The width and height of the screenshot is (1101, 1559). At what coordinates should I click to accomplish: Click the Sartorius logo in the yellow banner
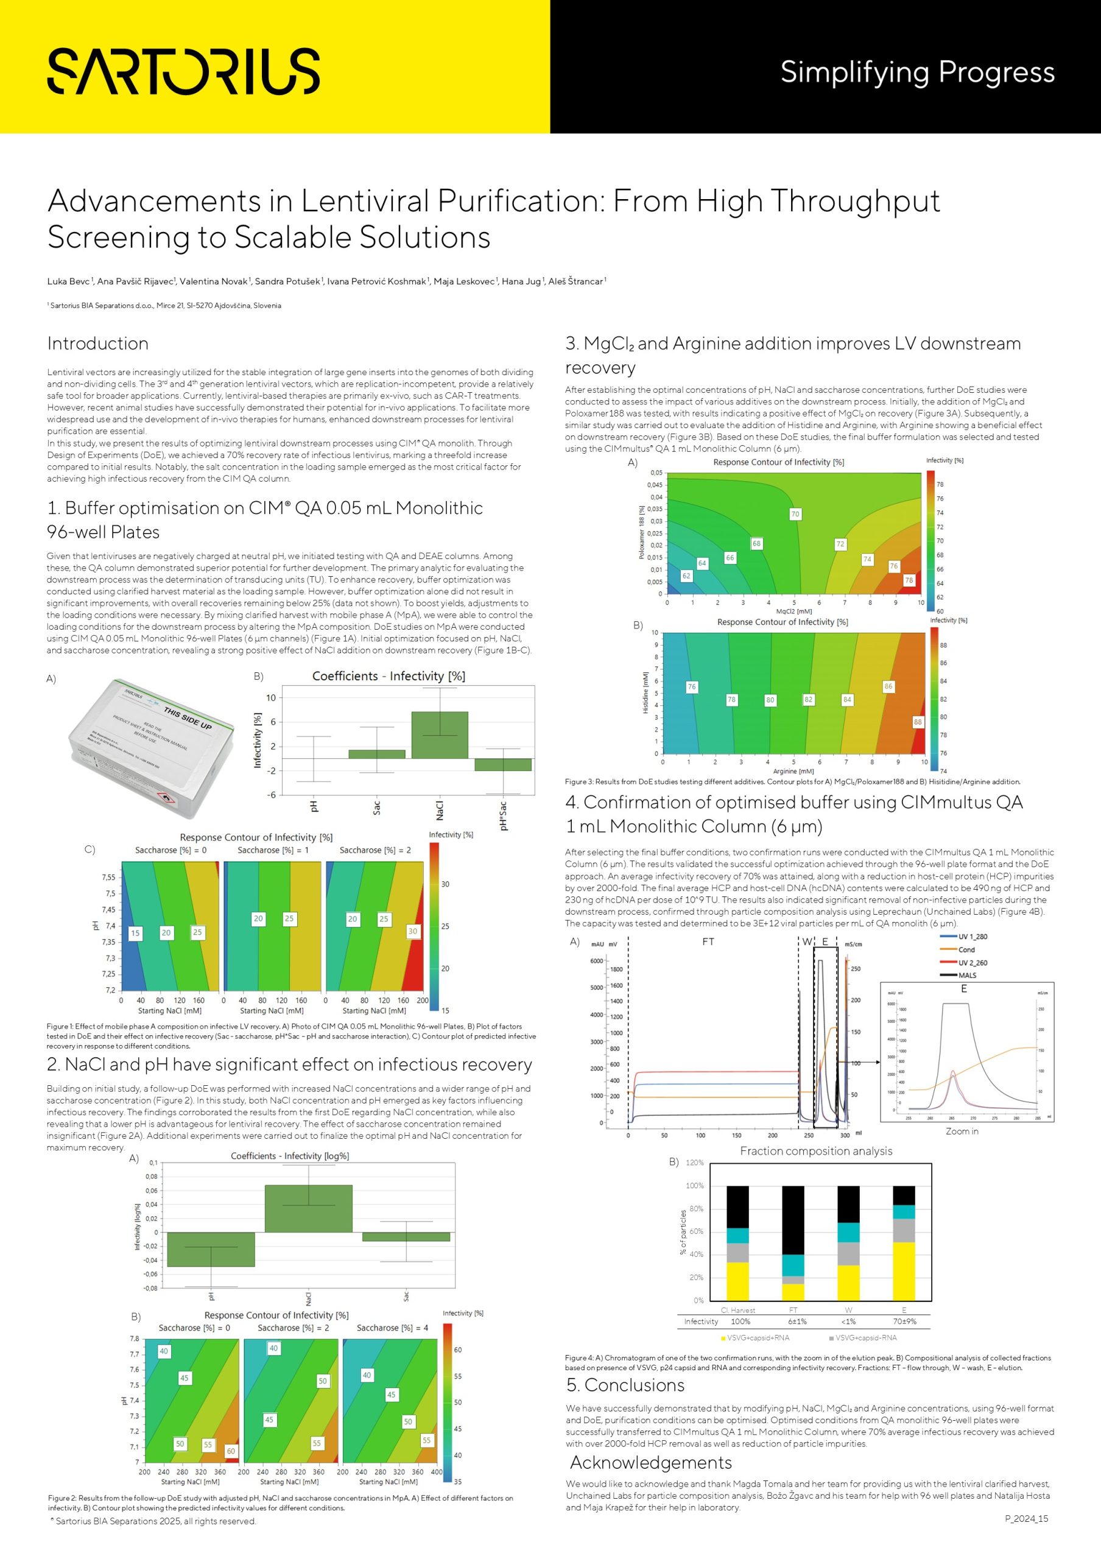click(183, 71)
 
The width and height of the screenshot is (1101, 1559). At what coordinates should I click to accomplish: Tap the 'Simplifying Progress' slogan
click(917, 72)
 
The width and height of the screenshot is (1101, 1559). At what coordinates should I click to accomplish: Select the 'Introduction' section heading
click(98, 343)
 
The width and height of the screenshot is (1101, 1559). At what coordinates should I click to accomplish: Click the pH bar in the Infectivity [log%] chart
click(211, 1248)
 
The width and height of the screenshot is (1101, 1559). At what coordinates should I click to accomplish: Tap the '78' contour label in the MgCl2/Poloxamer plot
click(908, 580)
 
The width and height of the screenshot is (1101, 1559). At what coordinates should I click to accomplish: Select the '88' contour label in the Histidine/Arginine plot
click(918, 722)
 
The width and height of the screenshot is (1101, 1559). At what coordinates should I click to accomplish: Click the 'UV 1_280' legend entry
click(972, 937)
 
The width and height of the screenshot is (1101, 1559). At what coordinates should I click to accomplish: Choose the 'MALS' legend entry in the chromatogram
click(967, 975)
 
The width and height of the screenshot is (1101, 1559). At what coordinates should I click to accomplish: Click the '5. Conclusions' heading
click(625, 1385)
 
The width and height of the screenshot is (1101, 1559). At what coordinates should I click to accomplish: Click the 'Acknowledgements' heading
click(650, 1462)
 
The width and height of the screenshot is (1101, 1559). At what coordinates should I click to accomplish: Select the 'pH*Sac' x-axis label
click(503, 815)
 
